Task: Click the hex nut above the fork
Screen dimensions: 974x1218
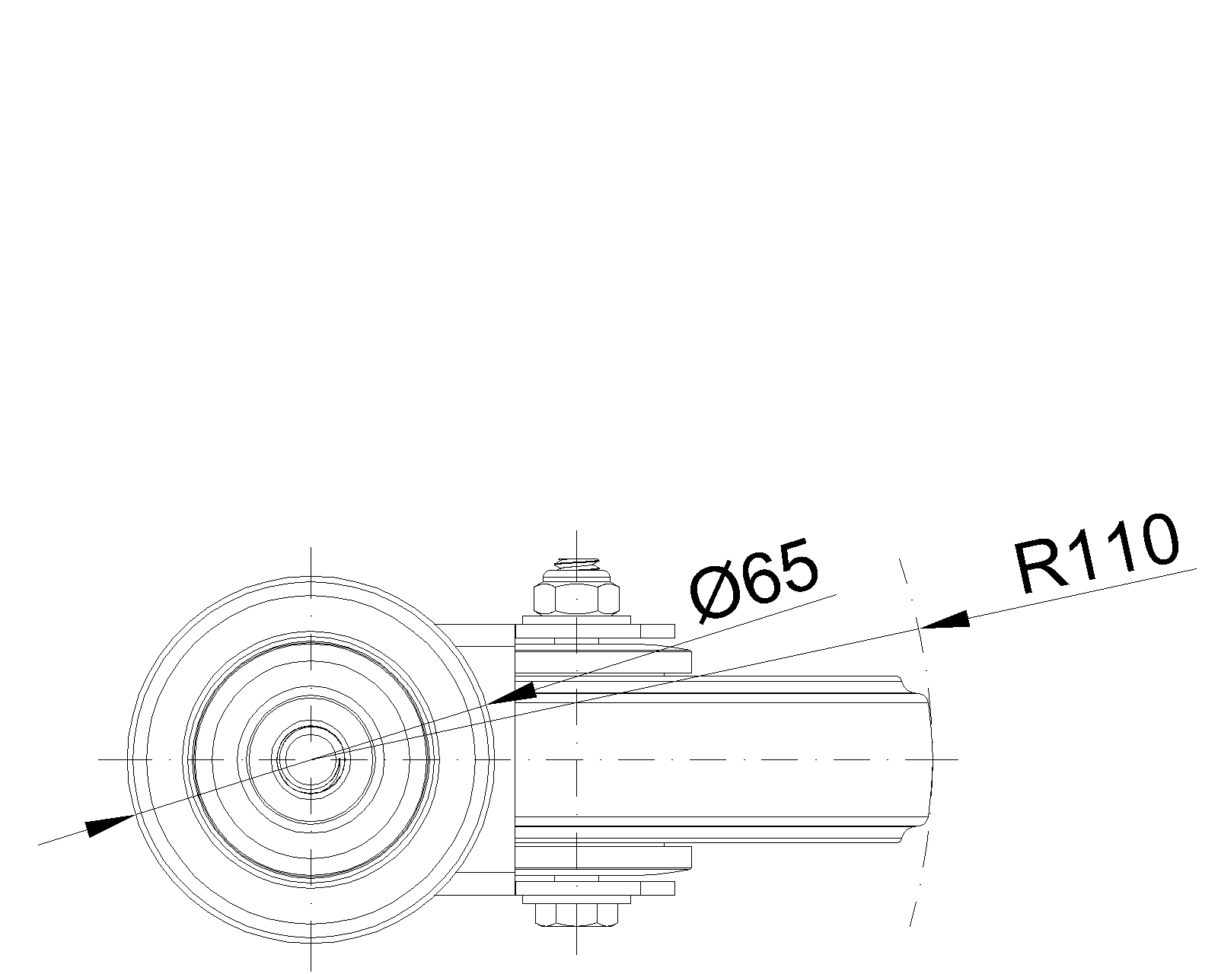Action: click(576, 599)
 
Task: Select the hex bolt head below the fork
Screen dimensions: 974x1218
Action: click(576, 913)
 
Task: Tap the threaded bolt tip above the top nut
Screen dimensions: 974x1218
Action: click(576, 564)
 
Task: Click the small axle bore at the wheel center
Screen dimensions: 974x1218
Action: click(311, 759)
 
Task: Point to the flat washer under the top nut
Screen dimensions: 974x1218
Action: click(594, 631)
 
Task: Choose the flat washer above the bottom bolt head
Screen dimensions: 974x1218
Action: click(594, 888)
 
